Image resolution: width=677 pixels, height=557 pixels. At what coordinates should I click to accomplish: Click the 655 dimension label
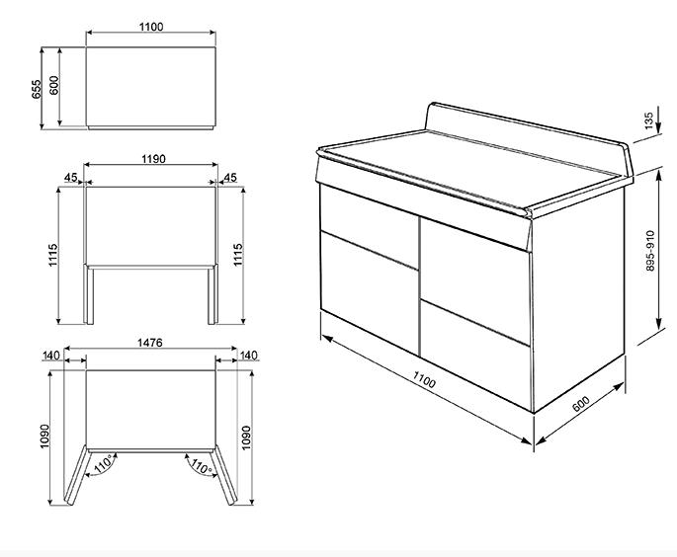pyautogui.click(x=37, y=89)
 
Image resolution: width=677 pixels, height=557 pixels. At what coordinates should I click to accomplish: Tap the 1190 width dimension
pyautogui.click(x=153, y=159)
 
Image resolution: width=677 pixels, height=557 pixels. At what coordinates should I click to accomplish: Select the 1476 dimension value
pyautogui.click(x=150, y=343)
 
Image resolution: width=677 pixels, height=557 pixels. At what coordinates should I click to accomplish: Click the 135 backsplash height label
pyautogui.click(x=648, y=121)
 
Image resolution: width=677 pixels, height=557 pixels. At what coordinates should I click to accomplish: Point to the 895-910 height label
pyautogui.click(x=650, y=251)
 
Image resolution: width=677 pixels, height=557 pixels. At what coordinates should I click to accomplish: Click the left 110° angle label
pyautogui.click(x=104, y=464)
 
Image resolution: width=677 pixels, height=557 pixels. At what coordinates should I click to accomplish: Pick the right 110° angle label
pyautogui.click(x=201, y=467)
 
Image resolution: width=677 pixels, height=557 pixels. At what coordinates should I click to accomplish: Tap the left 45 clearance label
pyautogui.click(x=70, y=178)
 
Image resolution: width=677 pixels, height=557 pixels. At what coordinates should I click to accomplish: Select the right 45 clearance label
pyautogui.click(x=230, y=178)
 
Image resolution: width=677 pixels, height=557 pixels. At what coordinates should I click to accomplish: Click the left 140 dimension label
pyautogui.click(x=51, y=356)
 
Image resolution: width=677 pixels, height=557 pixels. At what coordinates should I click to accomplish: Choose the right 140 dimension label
pyautogui.click(x=249, y=356)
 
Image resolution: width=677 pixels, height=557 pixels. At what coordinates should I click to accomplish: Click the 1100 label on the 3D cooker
pyautogui.click(x=424, y=379)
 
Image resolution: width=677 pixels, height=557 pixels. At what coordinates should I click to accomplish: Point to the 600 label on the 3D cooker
pyautogui.click(x=581, y=403)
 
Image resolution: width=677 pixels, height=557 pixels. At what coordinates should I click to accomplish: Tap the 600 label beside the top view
pyautogui.click(x=54, y=85)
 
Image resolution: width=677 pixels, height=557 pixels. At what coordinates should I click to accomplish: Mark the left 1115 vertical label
pyautogui.click(x=52, y=255)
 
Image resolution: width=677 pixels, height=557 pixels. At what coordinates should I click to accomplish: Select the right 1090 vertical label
pyautogui.click(x=246, y=438)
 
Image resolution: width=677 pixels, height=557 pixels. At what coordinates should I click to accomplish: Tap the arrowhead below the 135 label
pyautogui.click(x=659, y=127)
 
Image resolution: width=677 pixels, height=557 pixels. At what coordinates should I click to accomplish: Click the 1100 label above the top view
pyautogui.click(x=151, y=27)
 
